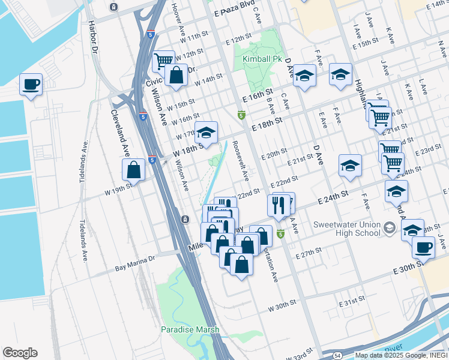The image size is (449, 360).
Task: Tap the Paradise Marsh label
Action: (x=190, y=329)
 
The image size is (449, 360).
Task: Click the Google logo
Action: (x=20, y=353)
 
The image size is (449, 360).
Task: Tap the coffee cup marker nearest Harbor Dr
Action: (x=31, y=85)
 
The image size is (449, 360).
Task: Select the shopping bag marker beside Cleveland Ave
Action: (x=134, y=170)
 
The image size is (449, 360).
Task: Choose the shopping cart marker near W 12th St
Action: (x=163, y=61)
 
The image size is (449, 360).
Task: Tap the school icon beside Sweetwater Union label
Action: (x=391, y=227)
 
